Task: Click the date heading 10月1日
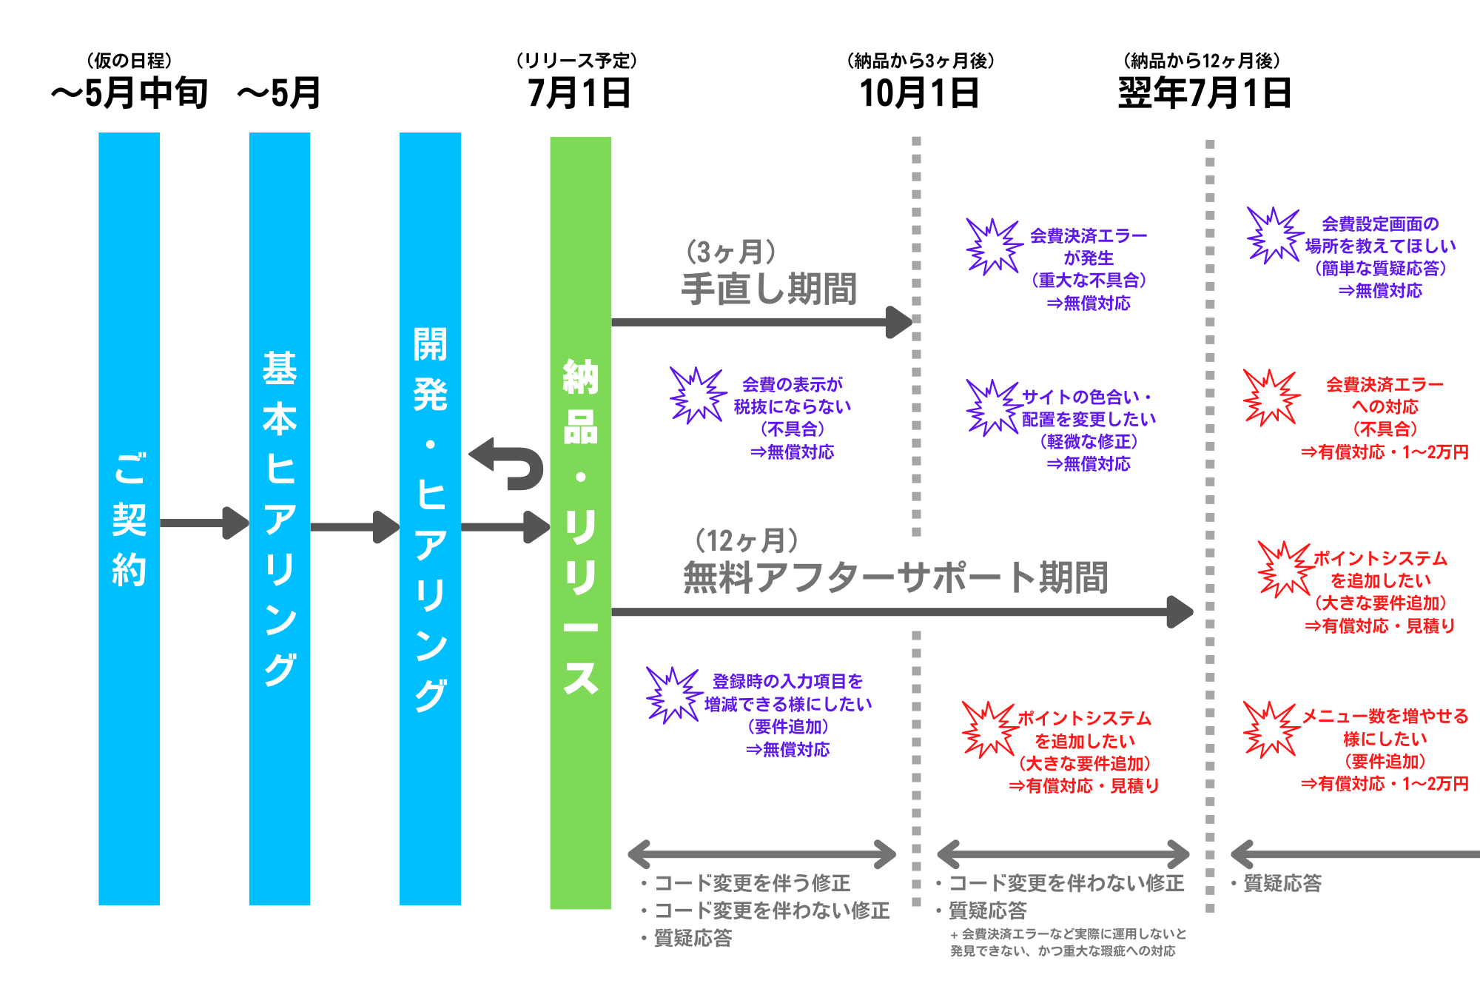(x=919, y=94)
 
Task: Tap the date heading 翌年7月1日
(x=1204, y=94)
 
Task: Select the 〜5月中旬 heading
(x=129, y=94)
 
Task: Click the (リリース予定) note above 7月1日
(x=576, y=61)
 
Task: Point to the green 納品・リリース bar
(x=580, y=522)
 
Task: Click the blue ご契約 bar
(x=129, y=518)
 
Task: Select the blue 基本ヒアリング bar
(x=279, y=518)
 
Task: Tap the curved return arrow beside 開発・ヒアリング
(x=508, y=464)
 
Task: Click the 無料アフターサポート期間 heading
(x=895, y=577)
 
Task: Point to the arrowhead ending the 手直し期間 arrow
(x=900, y=322)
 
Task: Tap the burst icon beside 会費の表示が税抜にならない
(x=696, y=396)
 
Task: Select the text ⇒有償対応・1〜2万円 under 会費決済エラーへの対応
(x=1385, y=452)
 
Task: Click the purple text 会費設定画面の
(x=1380, y=224)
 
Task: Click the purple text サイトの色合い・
(x=1087, y=397)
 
